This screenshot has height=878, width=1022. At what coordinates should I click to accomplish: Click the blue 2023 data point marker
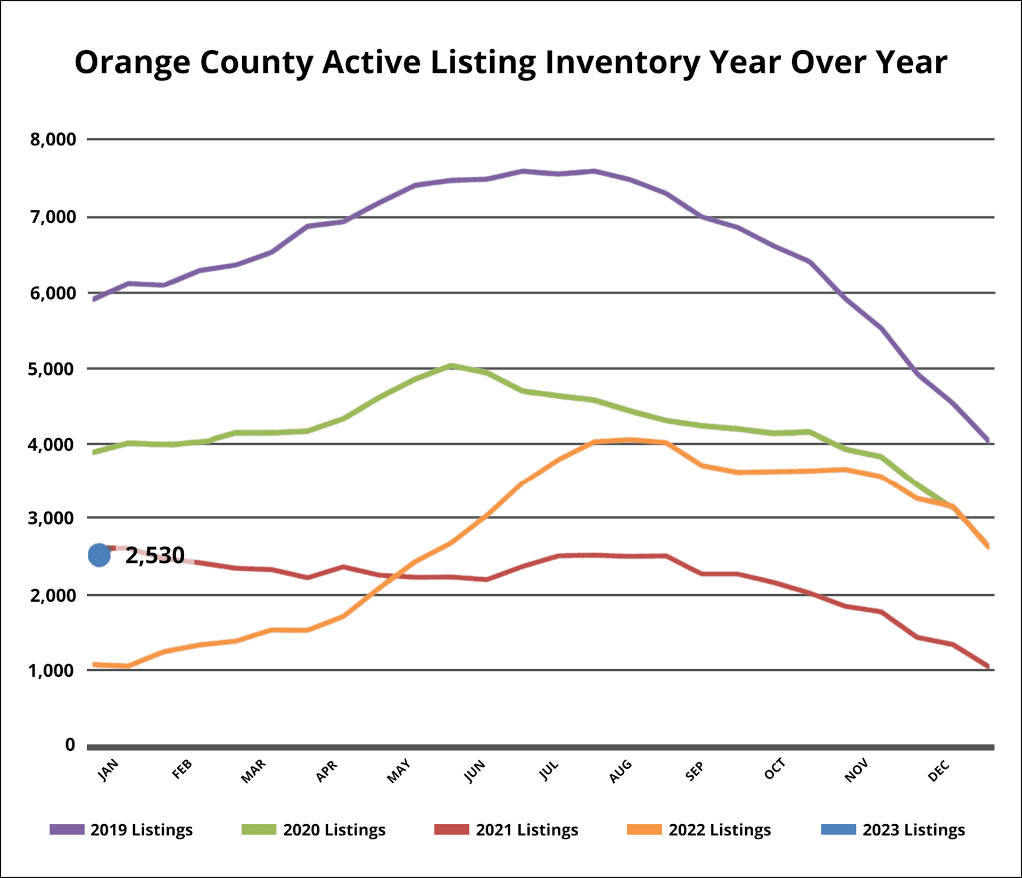click(x=99, y=555)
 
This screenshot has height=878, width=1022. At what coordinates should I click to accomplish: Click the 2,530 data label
click(x=155, y=555)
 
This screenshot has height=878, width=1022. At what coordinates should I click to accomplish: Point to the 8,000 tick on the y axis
click(x=53, y=140)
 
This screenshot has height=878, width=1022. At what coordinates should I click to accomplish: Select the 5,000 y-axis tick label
click(x=52, y=368)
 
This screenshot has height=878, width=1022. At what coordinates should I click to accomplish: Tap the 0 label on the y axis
click(x=70, y=745)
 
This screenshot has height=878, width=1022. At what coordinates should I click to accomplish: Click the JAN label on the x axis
click(x=108, y=770)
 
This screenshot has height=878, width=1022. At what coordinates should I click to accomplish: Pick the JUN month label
click(x=475, y=771)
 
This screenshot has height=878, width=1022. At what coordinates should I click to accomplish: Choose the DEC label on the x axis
click(x=938, y=771)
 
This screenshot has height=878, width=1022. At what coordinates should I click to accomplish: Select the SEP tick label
click(x=694, y=771)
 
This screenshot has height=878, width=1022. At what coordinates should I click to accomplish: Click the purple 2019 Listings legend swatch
click(x=67, y=830)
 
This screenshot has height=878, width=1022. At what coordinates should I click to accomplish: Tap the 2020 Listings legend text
click(x=334, y=830)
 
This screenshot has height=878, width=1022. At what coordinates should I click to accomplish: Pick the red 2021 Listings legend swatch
click(x=451, y=830)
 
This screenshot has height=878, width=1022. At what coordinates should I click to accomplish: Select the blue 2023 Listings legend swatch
click(x=838, y=830)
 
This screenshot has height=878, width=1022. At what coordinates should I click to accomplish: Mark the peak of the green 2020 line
click(x=451, y=366)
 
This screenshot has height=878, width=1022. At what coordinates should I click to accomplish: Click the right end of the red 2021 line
click(x=988, y=666)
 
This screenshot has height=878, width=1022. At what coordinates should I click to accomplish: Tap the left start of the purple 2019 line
click(x=94, y=299)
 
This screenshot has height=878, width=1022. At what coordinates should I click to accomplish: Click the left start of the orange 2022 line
click(x=94, y=664)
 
